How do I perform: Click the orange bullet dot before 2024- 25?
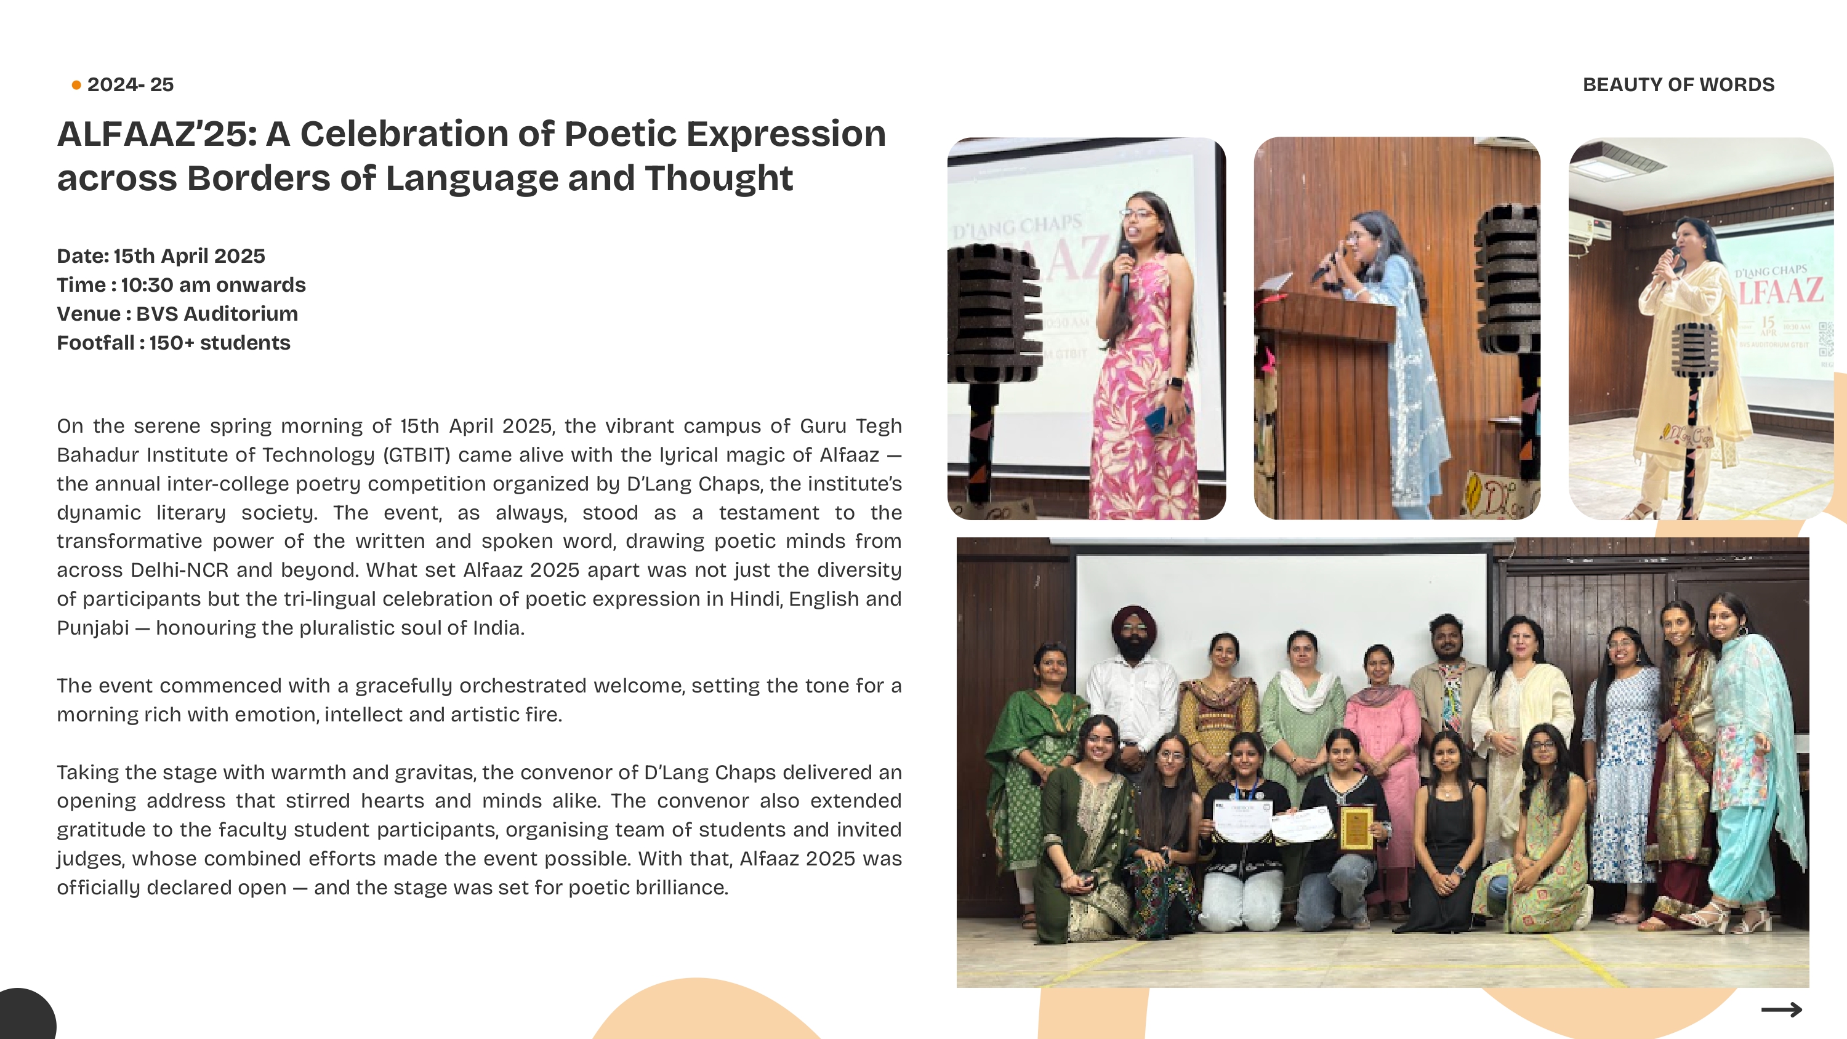click(x=76, y=86)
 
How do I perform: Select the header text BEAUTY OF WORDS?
click(x=1678, y=84)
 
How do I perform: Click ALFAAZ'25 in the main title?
click(x=156, y=134)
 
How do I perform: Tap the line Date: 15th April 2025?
click(x=161, y=256)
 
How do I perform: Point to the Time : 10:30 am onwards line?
click(x=182, y=284)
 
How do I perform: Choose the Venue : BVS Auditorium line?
click(x=178, y=314)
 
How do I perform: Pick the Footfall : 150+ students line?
click(x=174, y=343)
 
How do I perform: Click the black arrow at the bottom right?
click(x=1782, y=1009)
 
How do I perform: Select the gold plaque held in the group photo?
click(x=1356, y=828)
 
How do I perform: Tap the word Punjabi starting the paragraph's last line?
click(x=93, y=628)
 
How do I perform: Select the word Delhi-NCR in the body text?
click(x=179, y=570)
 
